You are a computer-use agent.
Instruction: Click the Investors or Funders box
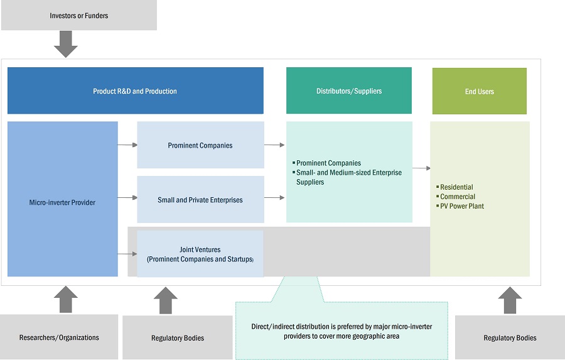point(78,16)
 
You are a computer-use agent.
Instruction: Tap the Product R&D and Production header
point(135,91)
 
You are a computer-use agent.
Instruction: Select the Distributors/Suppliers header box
point(348,91)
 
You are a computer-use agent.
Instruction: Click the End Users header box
point(479,92)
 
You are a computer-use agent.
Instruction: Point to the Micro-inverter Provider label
point(63,202)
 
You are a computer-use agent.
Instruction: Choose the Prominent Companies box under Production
point(200,145)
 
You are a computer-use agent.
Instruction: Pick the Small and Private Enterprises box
point(200,200)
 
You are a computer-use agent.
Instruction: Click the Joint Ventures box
point(200,254)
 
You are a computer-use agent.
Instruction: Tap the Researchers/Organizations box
point(59,337)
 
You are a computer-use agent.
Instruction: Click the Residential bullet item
point(456,187)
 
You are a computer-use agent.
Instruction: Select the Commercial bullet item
point(458,197)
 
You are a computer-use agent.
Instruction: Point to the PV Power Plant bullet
point(461,206)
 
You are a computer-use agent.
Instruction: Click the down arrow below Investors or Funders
point(66,44)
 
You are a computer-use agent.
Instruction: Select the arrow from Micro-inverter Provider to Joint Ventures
point(127,254)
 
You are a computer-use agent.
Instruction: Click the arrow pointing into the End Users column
point(421,168)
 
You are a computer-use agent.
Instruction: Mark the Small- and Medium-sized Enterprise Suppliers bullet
point(348,177)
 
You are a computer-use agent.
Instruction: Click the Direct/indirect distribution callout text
point(341,331)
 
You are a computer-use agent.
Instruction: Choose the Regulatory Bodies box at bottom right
point(510,338)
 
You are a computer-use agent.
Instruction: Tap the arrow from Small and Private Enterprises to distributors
point(274,198)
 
